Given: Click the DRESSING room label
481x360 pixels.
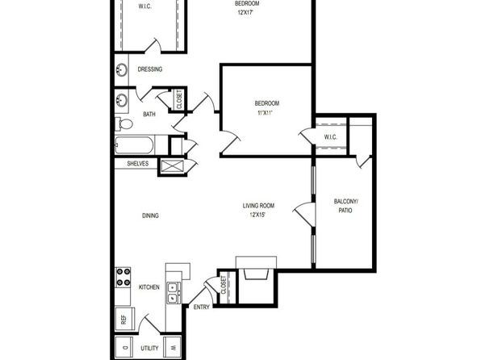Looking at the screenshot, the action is point(149,69).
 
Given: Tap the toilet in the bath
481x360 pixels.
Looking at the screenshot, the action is point(123,124).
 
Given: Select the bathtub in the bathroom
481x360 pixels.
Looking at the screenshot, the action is point(134,145).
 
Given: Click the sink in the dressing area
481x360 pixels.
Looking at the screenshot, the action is point(122,70).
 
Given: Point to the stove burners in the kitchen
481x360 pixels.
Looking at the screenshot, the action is point(123,277).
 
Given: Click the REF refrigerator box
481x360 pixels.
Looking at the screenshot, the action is point(124,319).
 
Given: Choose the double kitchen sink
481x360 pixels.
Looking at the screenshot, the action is point(174,292).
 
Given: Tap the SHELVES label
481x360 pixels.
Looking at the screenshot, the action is point(138,164).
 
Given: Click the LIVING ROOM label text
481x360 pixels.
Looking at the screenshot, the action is point(258,206).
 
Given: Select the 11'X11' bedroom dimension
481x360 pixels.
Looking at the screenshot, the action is point(265,113).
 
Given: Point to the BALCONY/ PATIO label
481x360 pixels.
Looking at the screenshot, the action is point(345,206).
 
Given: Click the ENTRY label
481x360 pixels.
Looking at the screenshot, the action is point(202,307).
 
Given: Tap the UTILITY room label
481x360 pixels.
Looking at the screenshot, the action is point(149,349).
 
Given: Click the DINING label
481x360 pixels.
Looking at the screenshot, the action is point(150,216).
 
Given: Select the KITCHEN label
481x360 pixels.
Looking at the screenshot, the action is point(149,287).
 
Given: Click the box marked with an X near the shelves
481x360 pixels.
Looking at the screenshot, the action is point(173,166).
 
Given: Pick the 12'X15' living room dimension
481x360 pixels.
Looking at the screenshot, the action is point(257,215).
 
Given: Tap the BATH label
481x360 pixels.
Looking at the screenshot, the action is point(149,114).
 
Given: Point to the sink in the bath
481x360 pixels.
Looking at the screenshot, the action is point(122,100).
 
